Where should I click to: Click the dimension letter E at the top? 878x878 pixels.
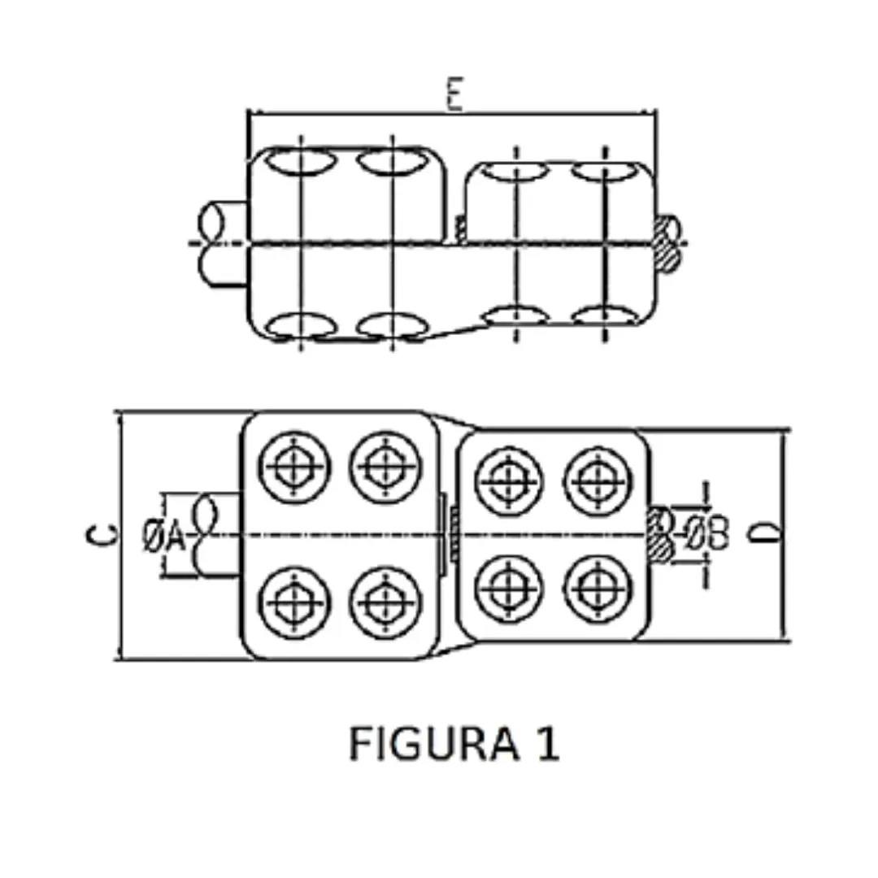tap(454, 95)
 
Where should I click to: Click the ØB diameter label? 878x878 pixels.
tap(706, 533)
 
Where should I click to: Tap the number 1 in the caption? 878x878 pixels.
tap(547, 743)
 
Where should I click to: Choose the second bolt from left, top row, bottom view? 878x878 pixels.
tap(385, 467)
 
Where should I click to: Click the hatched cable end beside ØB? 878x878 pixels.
tap(660, 533)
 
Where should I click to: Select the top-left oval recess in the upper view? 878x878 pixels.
tap(301, 161)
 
